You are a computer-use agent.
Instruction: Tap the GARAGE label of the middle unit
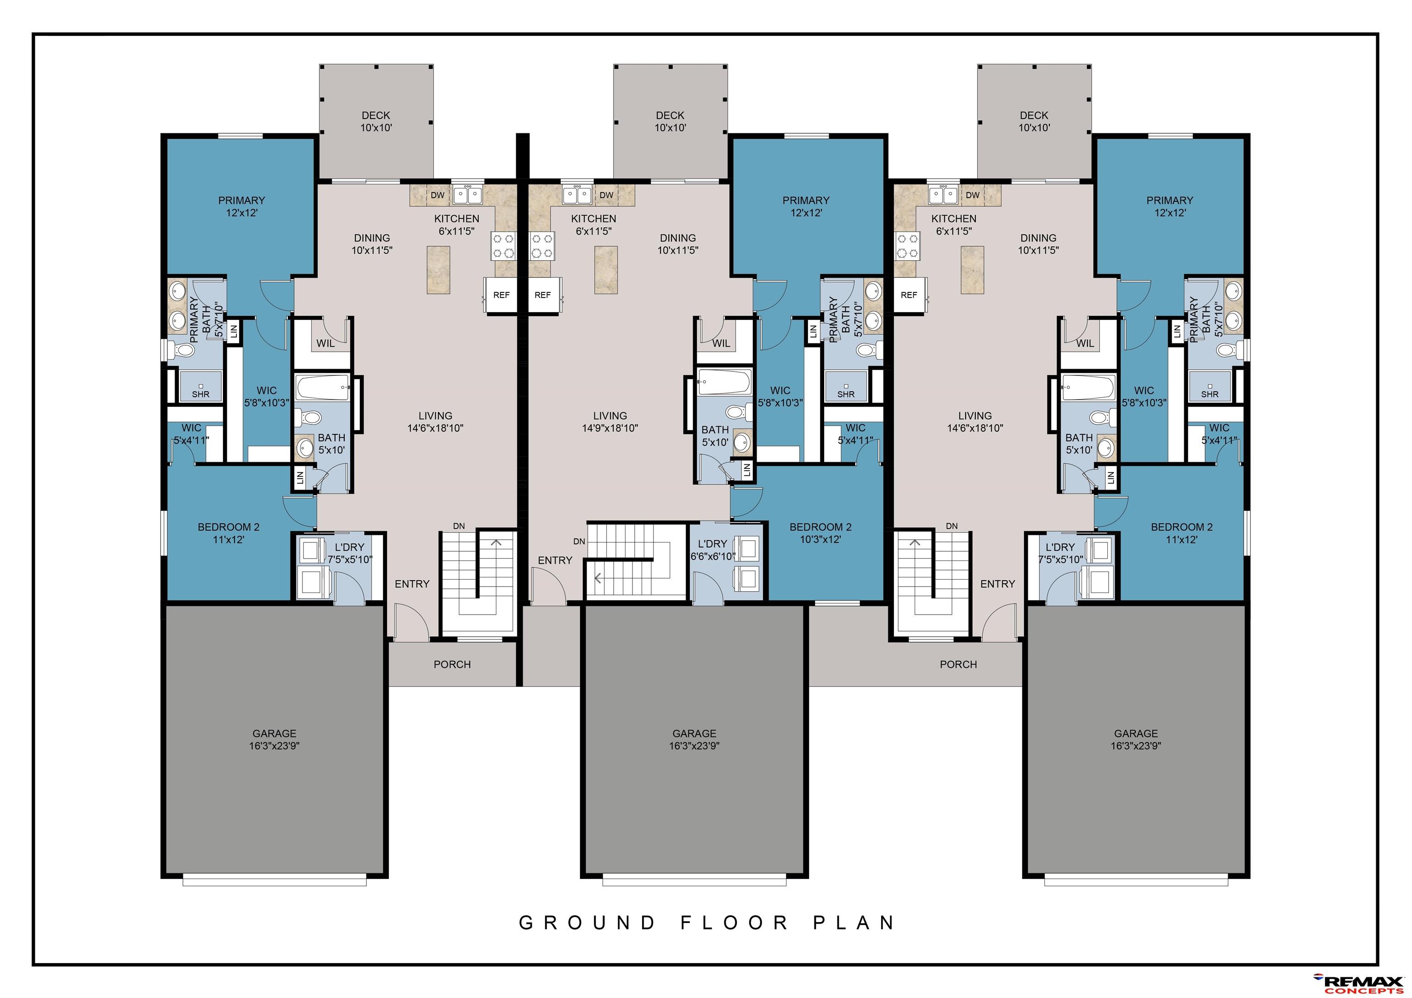(695, 733)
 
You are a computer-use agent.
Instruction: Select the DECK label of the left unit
(376, 115)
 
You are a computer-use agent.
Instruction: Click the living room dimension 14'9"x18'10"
(610, 428)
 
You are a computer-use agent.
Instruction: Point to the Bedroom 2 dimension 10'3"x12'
(820, 539)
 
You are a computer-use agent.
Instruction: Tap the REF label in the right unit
(909, 295)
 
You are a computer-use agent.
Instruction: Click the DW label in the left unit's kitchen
(437, 195)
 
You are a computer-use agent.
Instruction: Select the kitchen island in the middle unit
(606, 269)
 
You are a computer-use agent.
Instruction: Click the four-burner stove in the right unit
(906, 246)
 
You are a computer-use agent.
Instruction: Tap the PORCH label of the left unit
(452, 664)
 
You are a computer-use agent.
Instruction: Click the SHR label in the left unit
(200, 394)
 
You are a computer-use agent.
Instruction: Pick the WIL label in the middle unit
(721, 343)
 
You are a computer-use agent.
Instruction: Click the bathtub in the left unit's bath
(323, 388)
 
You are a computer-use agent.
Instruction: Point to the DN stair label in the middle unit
(579, 541)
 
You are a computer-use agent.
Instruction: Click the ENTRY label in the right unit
(997, 583)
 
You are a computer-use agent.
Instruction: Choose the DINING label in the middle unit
(678, 237)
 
